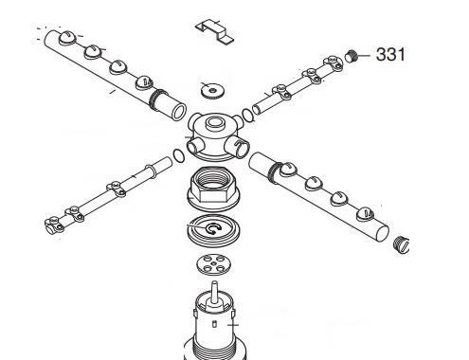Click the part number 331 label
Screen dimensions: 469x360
[390, 54]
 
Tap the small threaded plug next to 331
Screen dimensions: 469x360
[352, 56]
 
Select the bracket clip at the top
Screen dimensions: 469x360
[214, 31]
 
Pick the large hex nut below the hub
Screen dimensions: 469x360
[214, 189]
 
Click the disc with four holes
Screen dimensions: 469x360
[213, 264]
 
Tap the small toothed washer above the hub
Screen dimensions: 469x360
[212, 91]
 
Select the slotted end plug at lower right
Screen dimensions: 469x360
[402, 244]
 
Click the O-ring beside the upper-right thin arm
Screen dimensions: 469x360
[247, 115]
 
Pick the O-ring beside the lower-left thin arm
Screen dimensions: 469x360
[179, 155]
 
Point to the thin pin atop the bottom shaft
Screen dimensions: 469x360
[214, 291]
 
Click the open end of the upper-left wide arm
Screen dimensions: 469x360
[179, 111]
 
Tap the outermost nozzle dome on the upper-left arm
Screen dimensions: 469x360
[67, 38]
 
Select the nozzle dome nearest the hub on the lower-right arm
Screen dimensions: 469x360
[288, 169]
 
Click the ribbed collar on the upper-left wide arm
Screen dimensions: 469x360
[157, 99]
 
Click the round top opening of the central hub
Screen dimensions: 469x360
[214, 122]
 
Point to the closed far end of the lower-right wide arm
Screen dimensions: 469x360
[382, 233]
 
